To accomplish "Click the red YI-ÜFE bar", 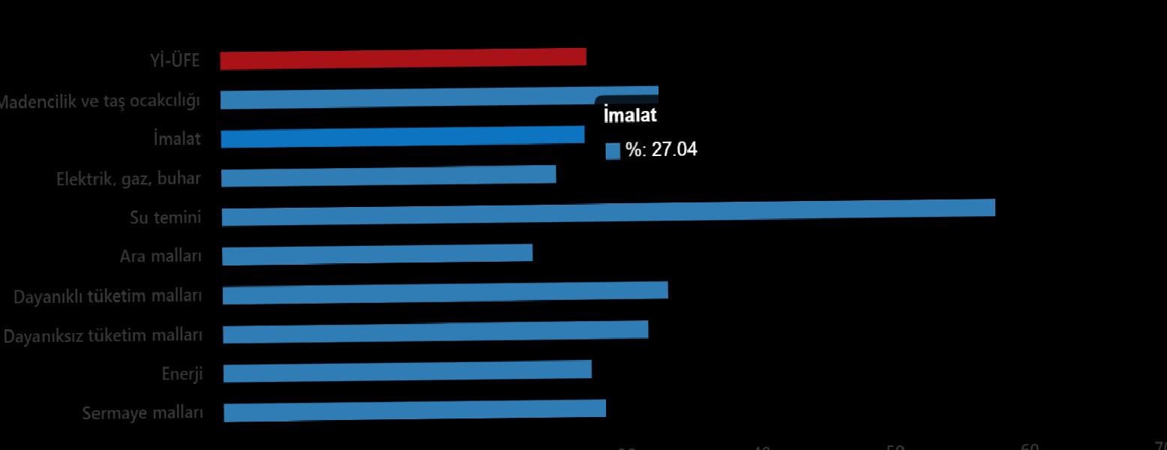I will (403, 59).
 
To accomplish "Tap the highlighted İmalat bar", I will (402, 136).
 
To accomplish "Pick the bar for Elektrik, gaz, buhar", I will (388, 176).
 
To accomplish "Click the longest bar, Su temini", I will (607, 212).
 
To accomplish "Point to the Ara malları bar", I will (377, 254).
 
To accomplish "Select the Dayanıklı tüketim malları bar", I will (445, 292).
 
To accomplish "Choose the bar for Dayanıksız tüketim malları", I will (435, 332).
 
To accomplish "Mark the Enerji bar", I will (407, 370).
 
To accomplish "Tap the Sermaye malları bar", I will (414, 410).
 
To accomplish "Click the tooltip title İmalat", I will (630, 115).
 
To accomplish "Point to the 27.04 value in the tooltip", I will (673, 149).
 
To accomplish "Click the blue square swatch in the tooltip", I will (613, 151).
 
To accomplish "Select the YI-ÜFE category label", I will (175, 61).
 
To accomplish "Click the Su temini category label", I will (166, 217).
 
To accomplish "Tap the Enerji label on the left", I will (182, 373).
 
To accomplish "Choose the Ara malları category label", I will (160, 256).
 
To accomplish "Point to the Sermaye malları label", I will (142, 413).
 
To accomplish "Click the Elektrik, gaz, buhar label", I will (128, 179).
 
